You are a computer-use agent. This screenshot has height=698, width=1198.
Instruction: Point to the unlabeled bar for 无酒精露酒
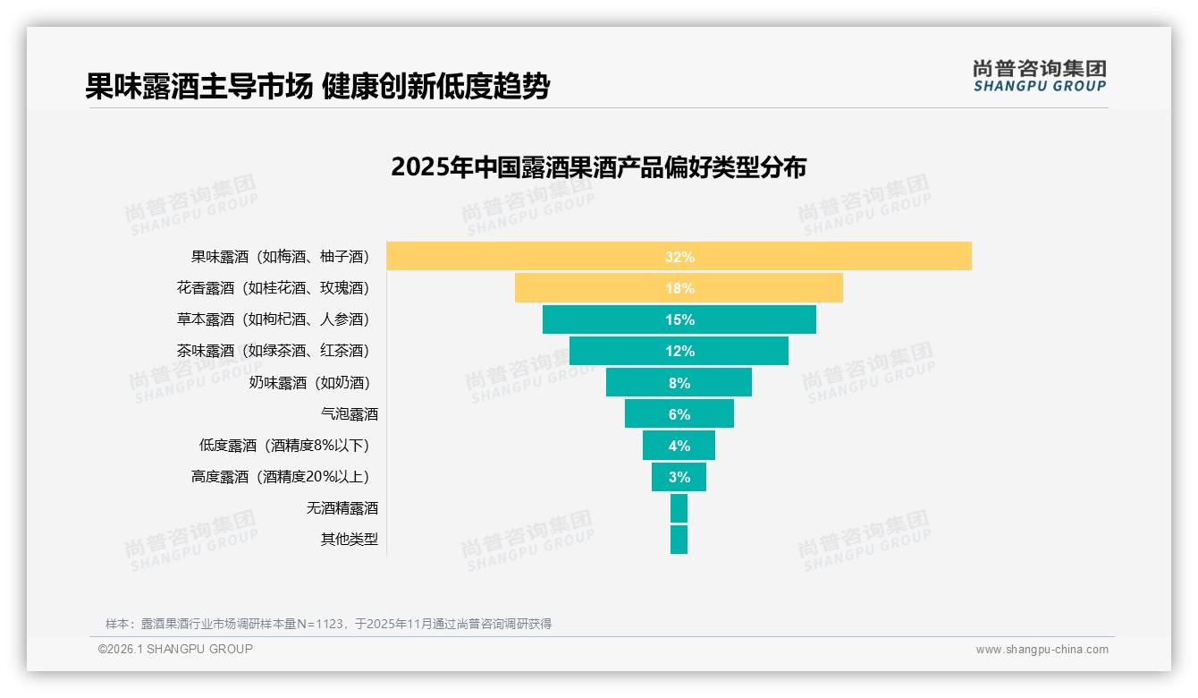pos(679,508)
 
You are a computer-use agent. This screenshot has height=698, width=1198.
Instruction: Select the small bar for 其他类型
pos(679,540)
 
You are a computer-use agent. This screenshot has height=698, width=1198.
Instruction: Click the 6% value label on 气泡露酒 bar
pos(679,414)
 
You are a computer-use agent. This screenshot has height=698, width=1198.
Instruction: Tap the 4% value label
pos(679,446)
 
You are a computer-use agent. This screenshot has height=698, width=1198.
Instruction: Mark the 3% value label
pos(679,477)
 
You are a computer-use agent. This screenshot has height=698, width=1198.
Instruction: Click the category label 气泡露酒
pos(350,414)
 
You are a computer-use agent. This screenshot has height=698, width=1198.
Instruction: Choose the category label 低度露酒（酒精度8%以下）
pos(284,446)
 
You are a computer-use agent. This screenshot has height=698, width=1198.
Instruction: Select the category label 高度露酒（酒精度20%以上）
pos(280,477)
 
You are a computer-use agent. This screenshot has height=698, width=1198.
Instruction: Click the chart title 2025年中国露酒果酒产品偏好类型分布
pos(598,167)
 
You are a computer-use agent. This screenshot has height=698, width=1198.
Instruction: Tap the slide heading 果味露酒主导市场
pos(198,87)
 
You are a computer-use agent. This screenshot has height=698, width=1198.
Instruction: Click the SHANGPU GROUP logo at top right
pos(1039,76)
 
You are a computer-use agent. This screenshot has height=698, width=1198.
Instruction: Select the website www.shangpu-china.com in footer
pos(1042,650)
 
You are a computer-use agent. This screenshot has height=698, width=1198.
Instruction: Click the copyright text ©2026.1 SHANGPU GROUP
pos(175,649)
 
